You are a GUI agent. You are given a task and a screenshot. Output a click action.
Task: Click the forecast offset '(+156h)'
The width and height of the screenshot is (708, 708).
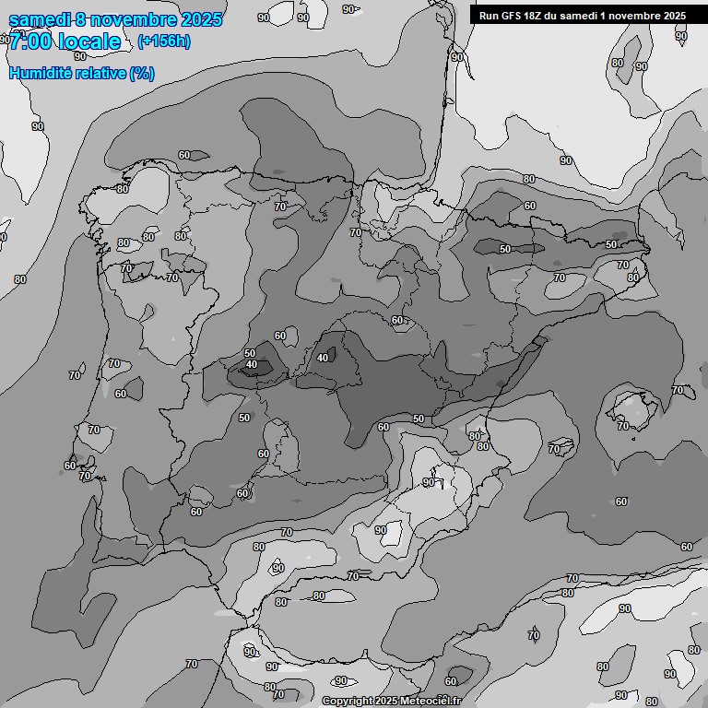[164, 41]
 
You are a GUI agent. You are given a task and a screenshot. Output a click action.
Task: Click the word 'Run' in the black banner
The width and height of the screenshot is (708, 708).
[489, 16]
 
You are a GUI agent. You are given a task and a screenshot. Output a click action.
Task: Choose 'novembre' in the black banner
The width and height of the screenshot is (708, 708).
[629, 16]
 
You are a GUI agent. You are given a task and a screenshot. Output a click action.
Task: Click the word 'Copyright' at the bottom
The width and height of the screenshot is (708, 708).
[348, 701]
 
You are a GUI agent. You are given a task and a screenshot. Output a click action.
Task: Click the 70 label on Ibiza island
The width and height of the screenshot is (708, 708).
[554, 449]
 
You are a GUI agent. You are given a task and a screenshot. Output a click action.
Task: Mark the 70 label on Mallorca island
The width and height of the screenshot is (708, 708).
[623, 426]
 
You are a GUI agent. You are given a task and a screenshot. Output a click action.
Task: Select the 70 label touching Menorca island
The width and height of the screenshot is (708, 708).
[678, 391]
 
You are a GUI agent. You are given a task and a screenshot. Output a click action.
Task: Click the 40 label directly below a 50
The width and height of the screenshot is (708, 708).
[252, 365]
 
